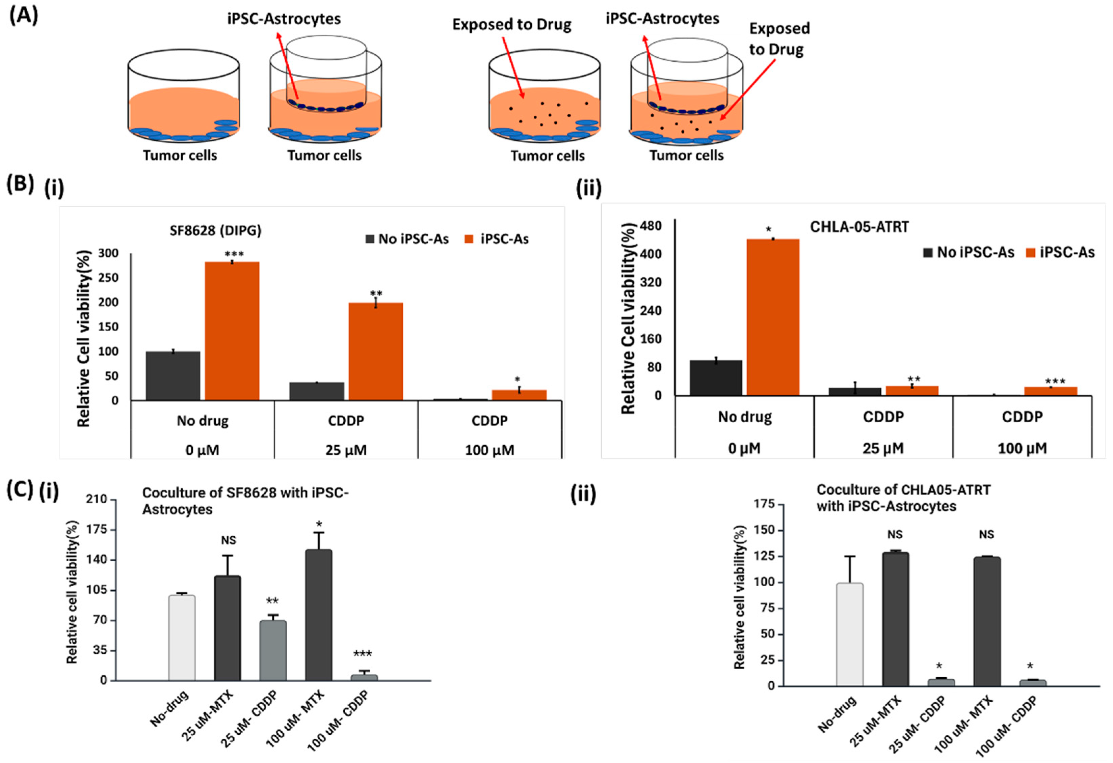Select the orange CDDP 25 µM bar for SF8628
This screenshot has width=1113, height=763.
tap(375, 351)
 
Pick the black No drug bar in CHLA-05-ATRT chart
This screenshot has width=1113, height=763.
tap(716, 378)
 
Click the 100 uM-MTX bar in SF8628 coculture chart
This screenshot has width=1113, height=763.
tap(318, 615)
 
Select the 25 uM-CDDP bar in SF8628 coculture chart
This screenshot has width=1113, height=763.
tap(273, 651)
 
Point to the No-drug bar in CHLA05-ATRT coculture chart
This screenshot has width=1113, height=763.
tap(850, 634)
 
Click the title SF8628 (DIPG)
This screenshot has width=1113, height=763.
tap(215, 231)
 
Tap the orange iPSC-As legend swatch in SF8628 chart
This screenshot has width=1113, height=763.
tap(469, 239)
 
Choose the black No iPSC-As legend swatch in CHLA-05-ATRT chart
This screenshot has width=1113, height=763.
tap(928, 252)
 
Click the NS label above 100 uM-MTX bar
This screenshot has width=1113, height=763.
tap(986, 534)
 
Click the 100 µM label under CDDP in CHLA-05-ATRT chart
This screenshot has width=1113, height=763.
tap(1022, 449)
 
